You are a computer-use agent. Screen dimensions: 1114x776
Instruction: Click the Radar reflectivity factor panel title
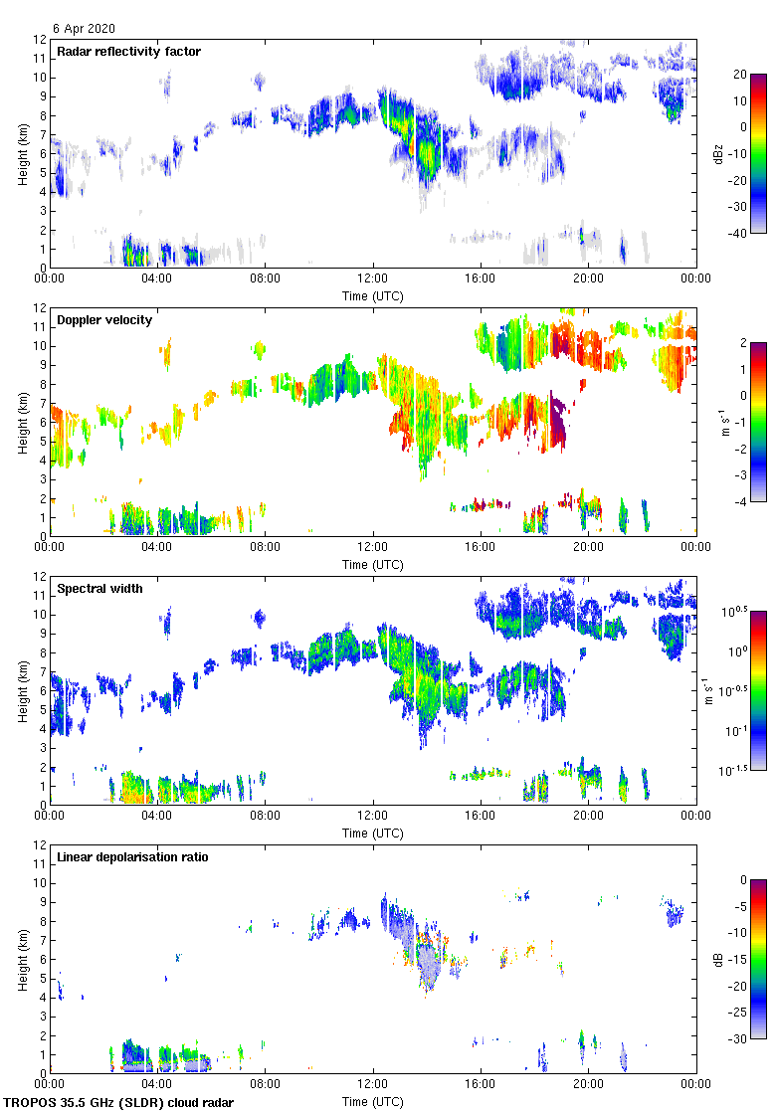click(128, 51)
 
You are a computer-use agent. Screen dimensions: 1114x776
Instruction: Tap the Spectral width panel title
click(99, 588)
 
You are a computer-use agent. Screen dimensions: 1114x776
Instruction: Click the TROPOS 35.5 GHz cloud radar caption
click(119, 1103)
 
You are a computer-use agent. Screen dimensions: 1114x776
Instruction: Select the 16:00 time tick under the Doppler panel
click(481, 547)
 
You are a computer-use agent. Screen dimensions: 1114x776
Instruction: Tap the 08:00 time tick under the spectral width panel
click(266, 816)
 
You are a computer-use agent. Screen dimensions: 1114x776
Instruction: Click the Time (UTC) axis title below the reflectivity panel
click(373, 295)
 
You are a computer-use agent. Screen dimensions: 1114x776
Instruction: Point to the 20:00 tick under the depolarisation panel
click(588, 1084)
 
